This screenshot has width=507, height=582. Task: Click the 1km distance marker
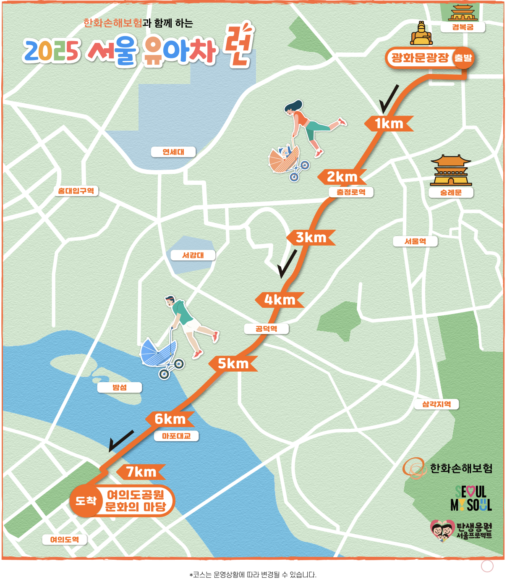389,123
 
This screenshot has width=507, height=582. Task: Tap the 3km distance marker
311,237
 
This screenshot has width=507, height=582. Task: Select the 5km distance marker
233,364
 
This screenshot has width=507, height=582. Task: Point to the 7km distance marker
141,472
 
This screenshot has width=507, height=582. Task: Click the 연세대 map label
173,152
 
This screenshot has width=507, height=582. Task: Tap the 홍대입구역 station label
76,191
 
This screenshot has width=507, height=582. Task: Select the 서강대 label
193,255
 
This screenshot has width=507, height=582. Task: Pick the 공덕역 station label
267,328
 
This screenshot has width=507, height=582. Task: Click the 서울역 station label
415,241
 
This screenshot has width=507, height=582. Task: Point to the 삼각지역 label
436,404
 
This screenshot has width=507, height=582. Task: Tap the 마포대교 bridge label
176,436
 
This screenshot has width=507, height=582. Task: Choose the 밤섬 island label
120,387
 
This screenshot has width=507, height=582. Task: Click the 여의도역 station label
65,539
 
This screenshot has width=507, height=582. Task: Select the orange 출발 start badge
463,58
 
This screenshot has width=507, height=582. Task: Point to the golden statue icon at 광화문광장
421,34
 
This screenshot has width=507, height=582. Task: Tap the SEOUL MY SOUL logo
471,498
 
